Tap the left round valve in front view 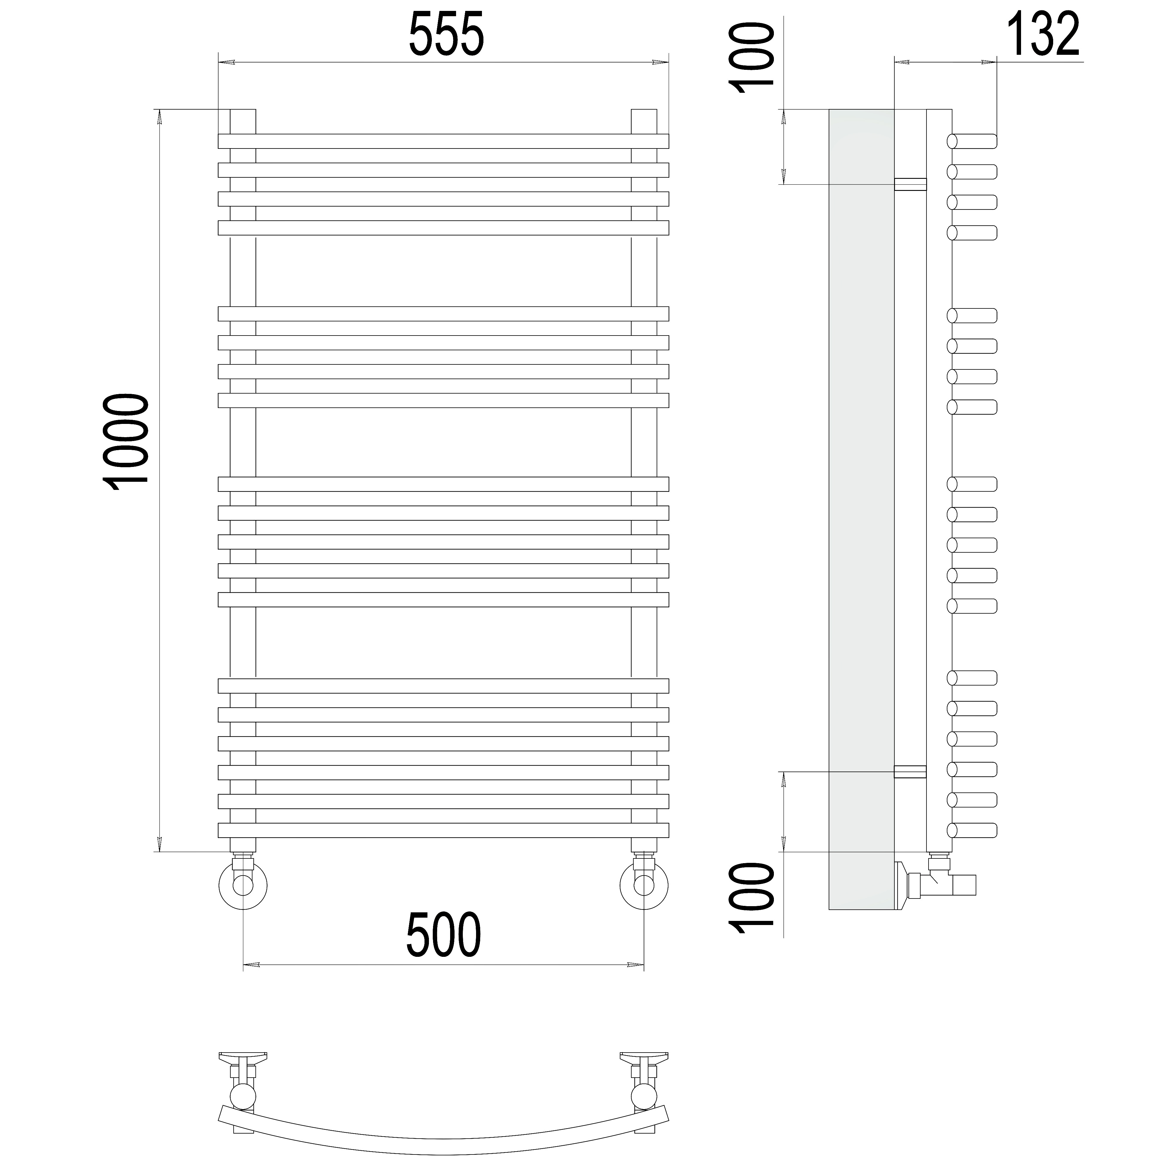point(242,884)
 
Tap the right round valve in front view point(644,884)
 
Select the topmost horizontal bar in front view point(443,141)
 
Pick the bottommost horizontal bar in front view point(443,830)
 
